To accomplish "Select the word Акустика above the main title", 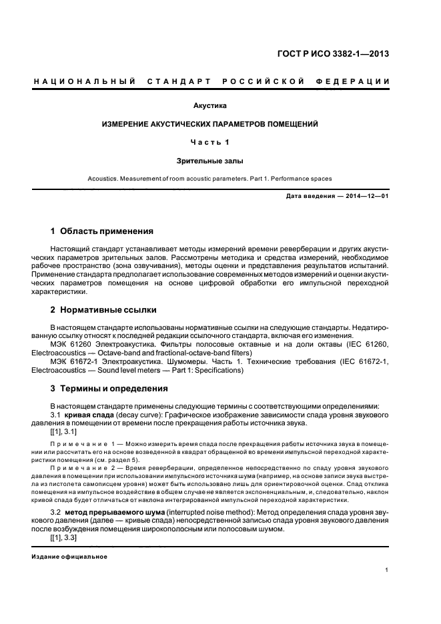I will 209,105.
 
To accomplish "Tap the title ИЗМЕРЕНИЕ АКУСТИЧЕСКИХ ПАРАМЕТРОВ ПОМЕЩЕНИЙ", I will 209,124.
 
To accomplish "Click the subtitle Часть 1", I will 209,142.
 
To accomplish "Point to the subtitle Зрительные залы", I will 209,161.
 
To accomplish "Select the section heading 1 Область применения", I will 102,231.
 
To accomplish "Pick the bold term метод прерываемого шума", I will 112,511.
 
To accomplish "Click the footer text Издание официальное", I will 69,556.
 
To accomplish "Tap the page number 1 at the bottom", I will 388,570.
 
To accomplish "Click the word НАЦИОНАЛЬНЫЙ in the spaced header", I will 85,81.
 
